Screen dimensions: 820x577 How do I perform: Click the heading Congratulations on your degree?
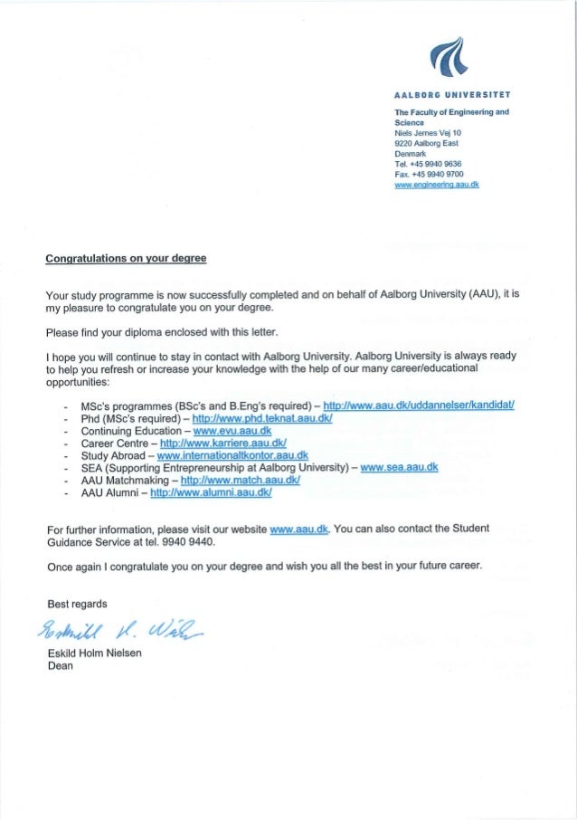[x=127, y=260]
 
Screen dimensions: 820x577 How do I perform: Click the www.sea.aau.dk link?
[x=399, y=467]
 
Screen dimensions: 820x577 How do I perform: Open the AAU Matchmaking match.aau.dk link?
[x=240, y=481]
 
